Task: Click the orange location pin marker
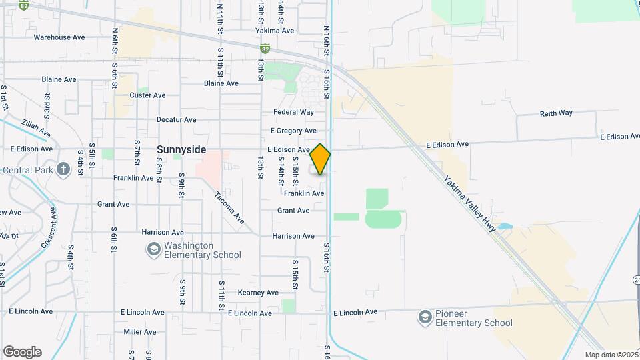(x=320, y=159)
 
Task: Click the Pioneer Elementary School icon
(x=425, y=317)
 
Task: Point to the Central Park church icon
(x=63, y=169)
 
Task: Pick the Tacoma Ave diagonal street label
(x=230, y=208)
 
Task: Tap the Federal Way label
(x=293, y=112)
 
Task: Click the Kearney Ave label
(x=258, y=293)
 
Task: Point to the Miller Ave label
(x=139, y=331)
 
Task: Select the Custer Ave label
(x=147, y=95)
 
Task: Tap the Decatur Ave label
(x=176, y=120)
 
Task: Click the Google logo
(x=22, y=352)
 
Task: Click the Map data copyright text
(x=611, y=355)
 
